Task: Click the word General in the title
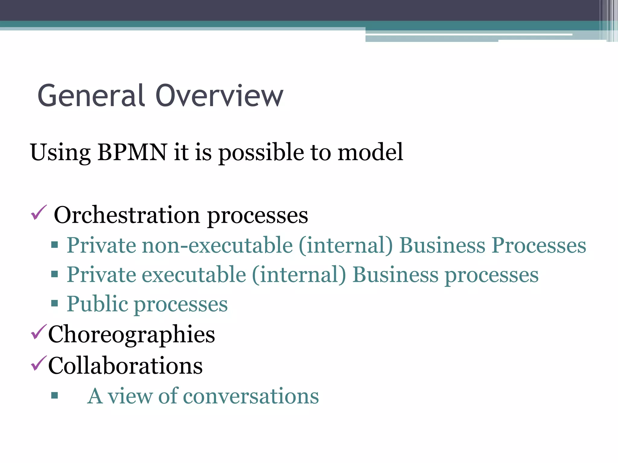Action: click(x=91, y=96)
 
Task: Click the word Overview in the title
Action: click(x=219, y=96)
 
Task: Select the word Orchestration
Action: click(x=127, y=215)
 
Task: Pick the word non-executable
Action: click(x=217, y=245)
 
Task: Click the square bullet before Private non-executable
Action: click(x=55, y=244)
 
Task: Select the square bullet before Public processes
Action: click(x=55, y=303)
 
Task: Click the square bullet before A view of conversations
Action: click(x=55, y=395)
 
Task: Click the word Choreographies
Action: click(x=132, y=335)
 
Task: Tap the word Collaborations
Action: click(x=125, y=366)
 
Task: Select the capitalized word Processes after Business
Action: click(x=539, y=245)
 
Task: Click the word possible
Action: click(x=261, y=152)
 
